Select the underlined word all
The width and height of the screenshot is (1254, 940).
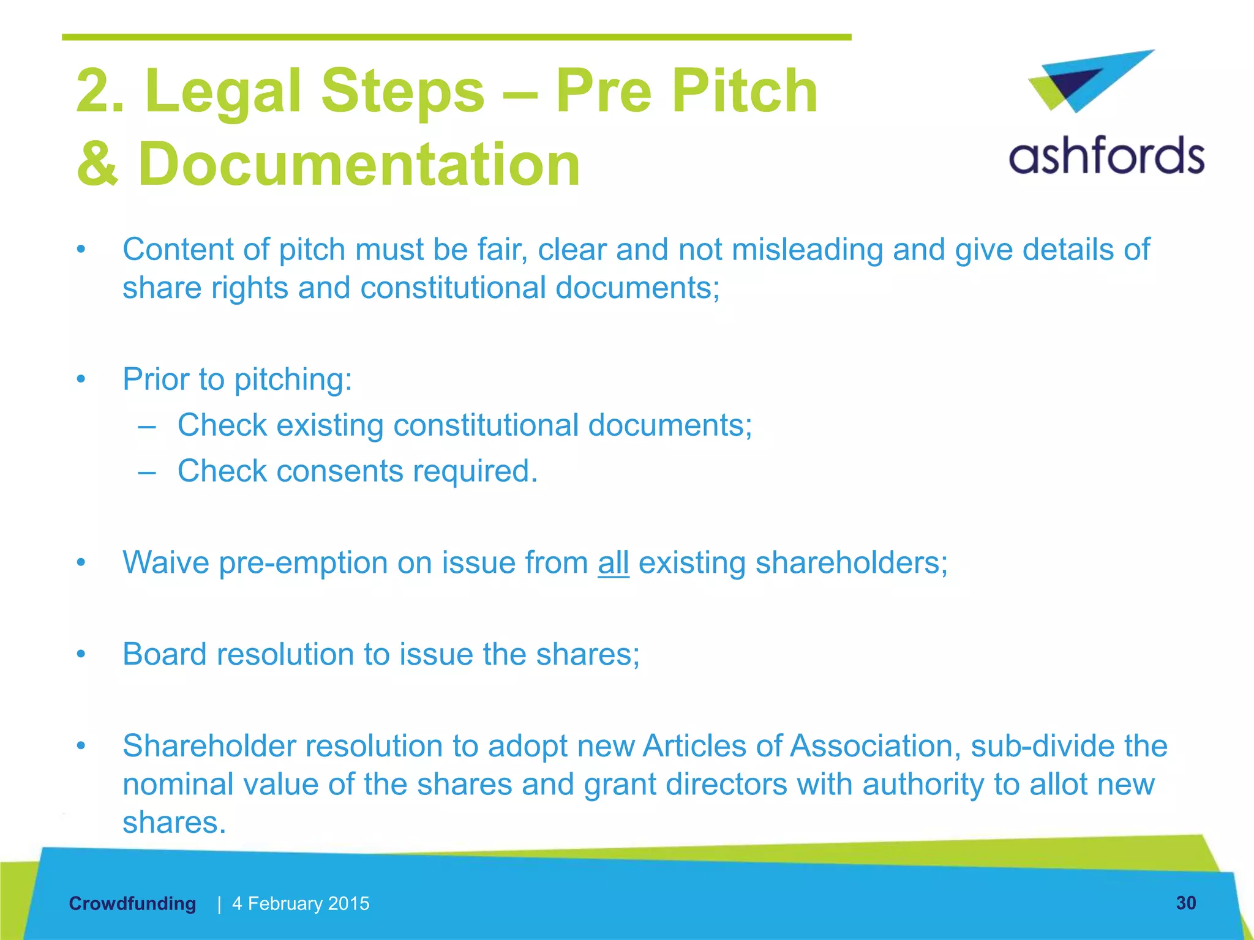[613, 562]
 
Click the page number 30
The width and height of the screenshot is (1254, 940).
[1185, 903]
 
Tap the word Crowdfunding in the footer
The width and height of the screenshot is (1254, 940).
[132, 903]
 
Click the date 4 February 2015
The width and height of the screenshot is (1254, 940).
[301, 903]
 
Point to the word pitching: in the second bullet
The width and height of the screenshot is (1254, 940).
[293, 379]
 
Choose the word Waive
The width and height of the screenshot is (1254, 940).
[165, 562]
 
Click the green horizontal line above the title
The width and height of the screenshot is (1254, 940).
[456, 37]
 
